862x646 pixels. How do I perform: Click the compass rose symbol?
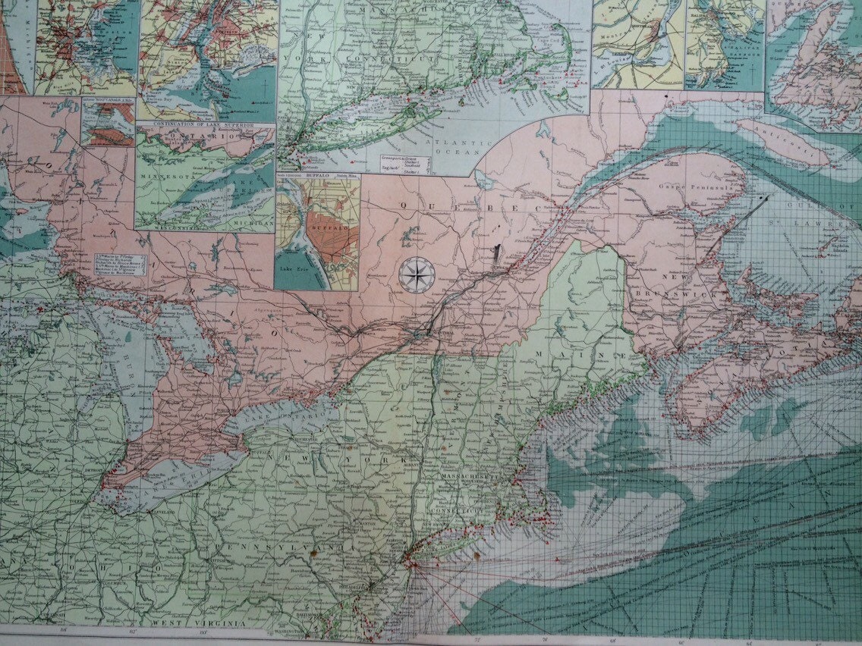coord(414,274)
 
